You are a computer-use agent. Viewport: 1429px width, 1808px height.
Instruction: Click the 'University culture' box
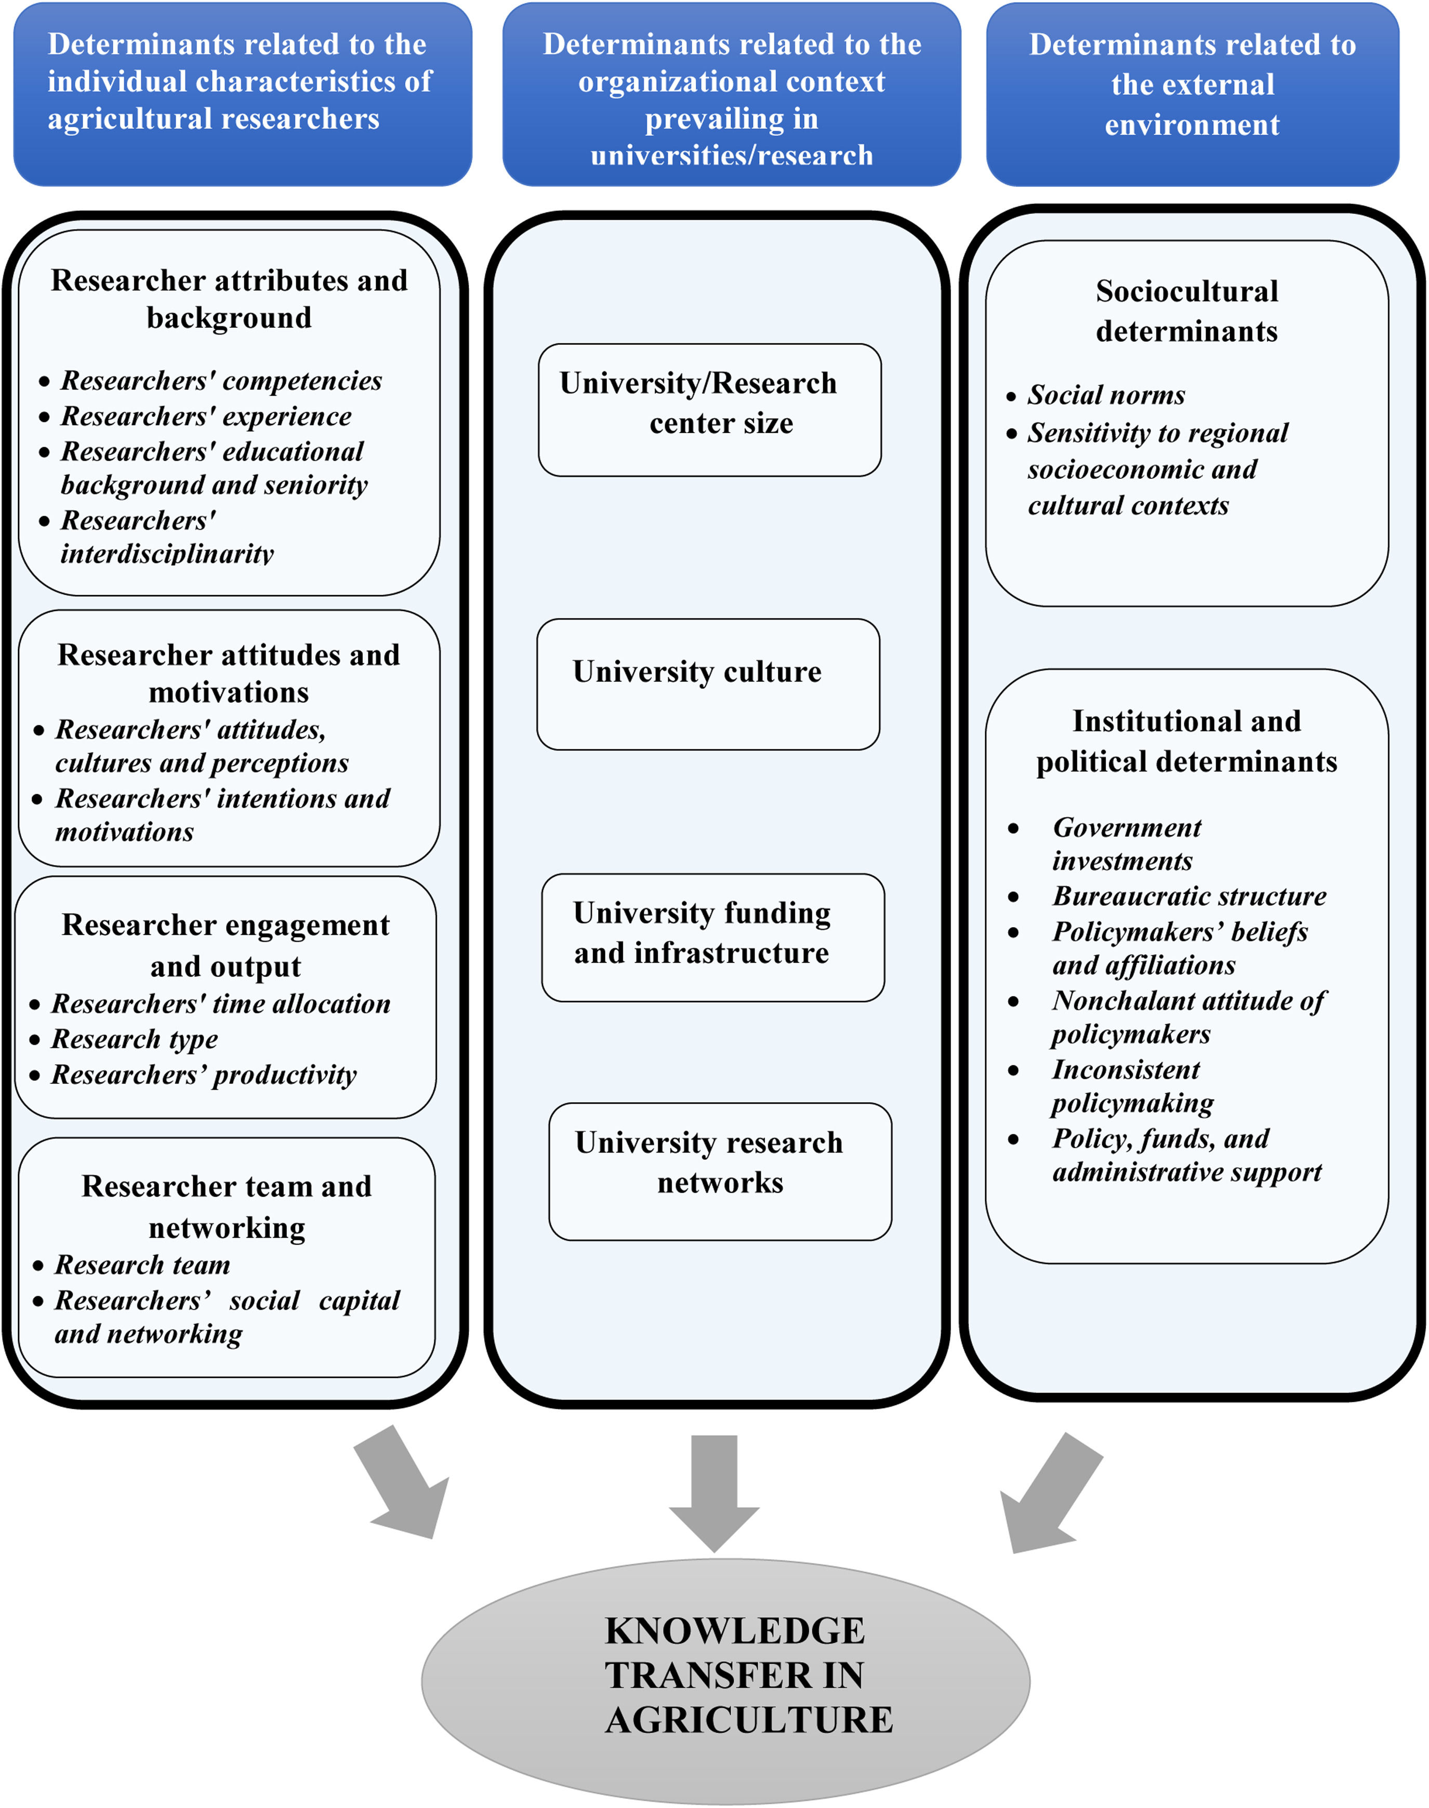708,684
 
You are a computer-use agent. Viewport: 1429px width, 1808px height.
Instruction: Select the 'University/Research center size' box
709,410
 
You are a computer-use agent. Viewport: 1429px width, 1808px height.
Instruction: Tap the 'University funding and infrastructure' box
713,938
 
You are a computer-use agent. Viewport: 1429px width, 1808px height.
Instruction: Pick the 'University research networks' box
720,1171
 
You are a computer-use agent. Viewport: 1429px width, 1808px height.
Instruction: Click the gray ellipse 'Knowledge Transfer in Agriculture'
725,1680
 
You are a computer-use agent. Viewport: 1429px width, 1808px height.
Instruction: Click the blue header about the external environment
1192,93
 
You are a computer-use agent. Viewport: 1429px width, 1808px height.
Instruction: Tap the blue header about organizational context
731,93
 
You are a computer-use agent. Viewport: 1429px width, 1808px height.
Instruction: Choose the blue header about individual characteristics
243,93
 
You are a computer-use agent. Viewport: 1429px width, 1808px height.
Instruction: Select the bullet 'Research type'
135,1039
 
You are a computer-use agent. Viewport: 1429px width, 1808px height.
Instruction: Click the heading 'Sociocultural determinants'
1186,311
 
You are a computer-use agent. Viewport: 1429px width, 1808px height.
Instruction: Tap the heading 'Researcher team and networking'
227,1206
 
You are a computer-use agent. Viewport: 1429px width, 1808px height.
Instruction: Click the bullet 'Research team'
142,1264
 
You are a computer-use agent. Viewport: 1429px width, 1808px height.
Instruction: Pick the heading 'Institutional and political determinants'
1186,741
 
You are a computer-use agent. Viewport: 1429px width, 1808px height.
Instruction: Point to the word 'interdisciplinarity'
167,554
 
